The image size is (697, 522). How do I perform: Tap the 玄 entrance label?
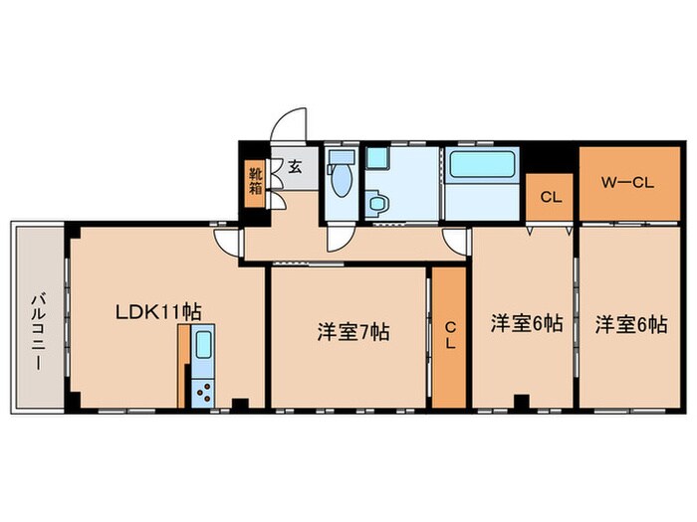pos(296,166)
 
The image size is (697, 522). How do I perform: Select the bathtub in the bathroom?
pos(480,166)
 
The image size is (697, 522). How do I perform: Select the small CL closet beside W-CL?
pos(551,197)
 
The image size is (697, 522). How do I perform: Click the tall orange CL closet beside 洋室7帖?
pos(449,336)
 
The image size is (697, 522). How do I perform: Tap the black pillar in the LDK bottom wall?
pos(238,403)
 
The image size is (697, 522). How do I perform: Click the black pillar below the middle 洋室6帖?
pos(520,403)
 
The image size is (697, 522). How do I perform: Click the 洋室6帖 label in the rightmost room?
pos(631,324)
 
